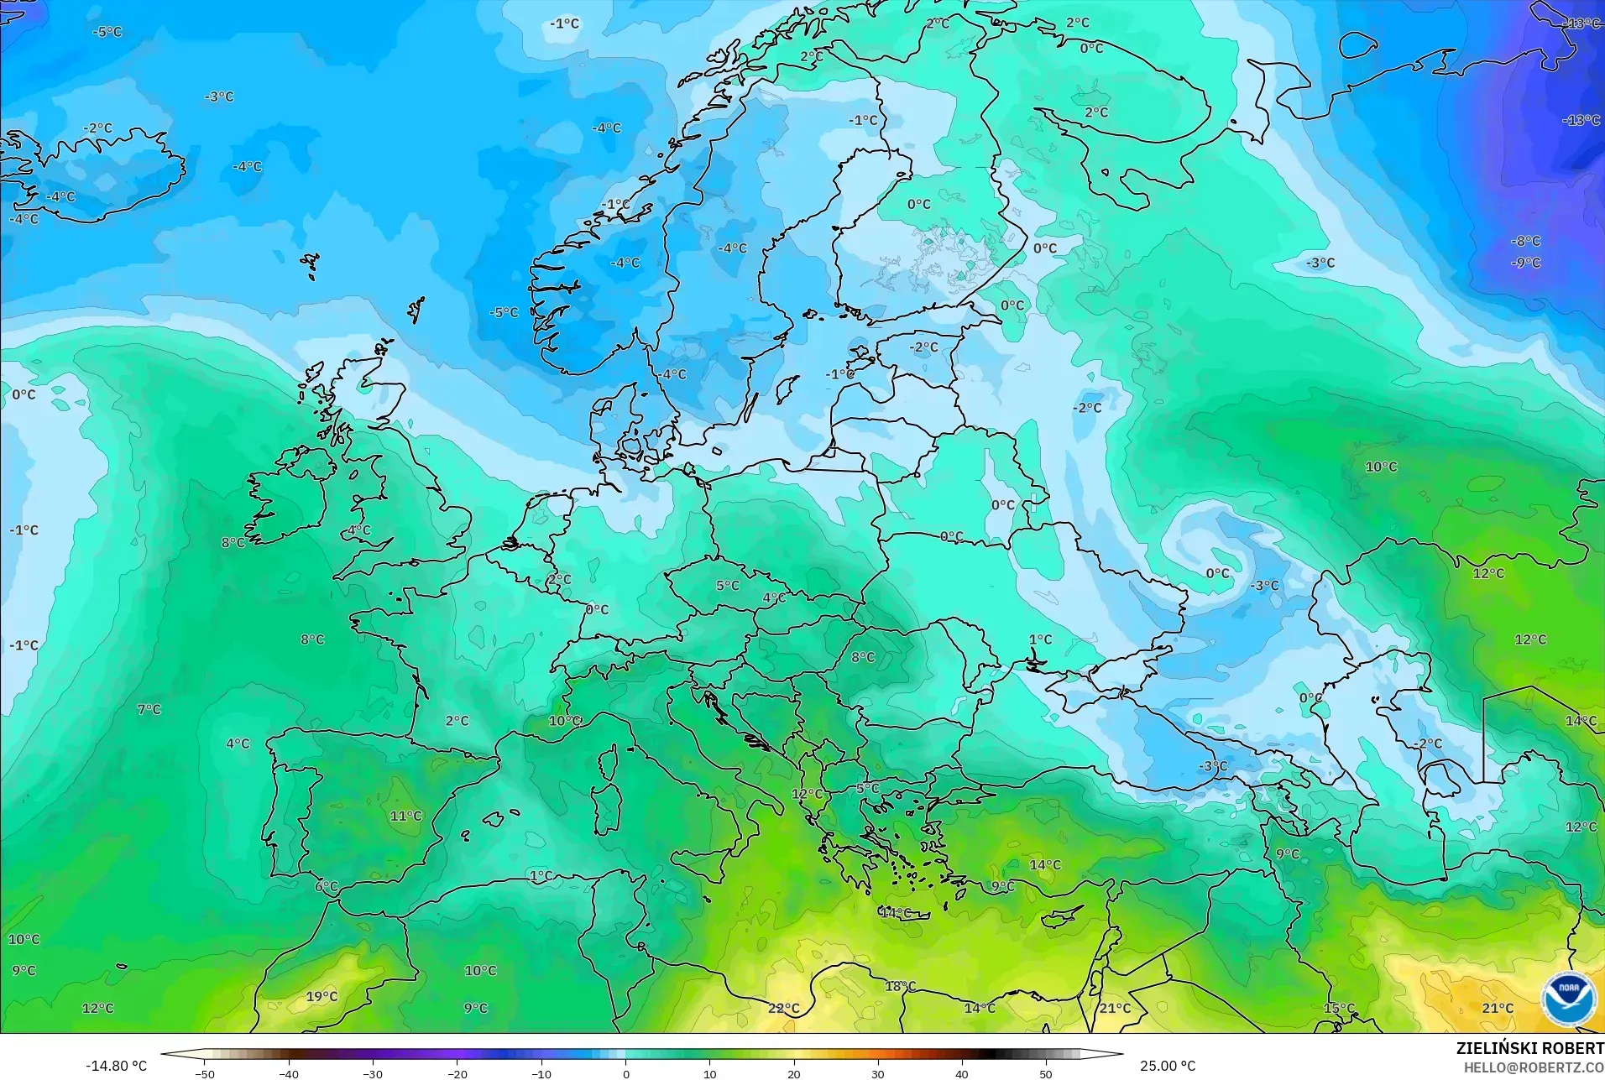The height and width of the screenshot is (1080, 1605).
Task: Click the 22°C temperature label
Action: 783,1008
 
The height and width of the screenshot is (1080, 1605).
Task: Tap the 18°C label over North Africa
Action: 900,986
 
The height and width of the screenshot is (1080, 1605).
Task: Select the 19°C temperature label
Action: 322,996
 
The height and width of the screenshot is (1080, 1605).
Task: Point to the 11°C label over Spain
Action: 405,816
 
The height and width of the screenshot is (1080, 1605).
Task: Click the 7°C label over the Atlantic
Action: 149,709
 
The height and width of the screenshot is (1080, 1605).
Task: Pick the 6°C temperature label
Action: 327,886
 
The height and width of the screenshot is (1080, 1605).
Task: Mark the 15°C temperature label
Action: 1339,1008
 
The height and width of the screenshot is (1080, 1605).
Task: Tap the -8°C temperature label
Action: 1525,241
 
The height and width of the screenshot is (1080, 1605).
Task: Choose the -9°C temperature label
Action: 1525,263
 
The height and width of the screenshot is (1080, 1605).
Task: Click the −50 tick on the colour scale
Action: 205,1072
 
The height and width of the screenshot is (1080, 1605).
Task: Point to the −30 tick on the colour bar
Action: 373,1072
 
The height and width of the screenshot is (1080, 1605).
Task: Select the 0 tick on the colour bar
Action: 625,1072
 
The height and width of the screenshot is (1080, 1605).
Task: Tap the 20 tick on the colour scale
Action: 793,1072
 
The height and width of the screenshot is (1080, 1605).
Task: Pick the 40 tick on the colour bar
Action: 961,1072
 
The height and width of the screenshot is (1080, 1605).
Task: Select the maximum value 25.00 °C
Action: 1167,1066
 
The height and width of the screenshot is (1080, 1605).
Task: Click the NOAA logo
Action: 1568,999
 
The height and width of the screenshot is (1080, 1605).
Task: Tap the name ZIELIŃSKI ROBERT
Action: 1529,1049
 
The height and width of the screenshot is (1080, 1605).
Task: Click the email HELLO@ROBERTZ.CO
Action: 1534,1067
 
